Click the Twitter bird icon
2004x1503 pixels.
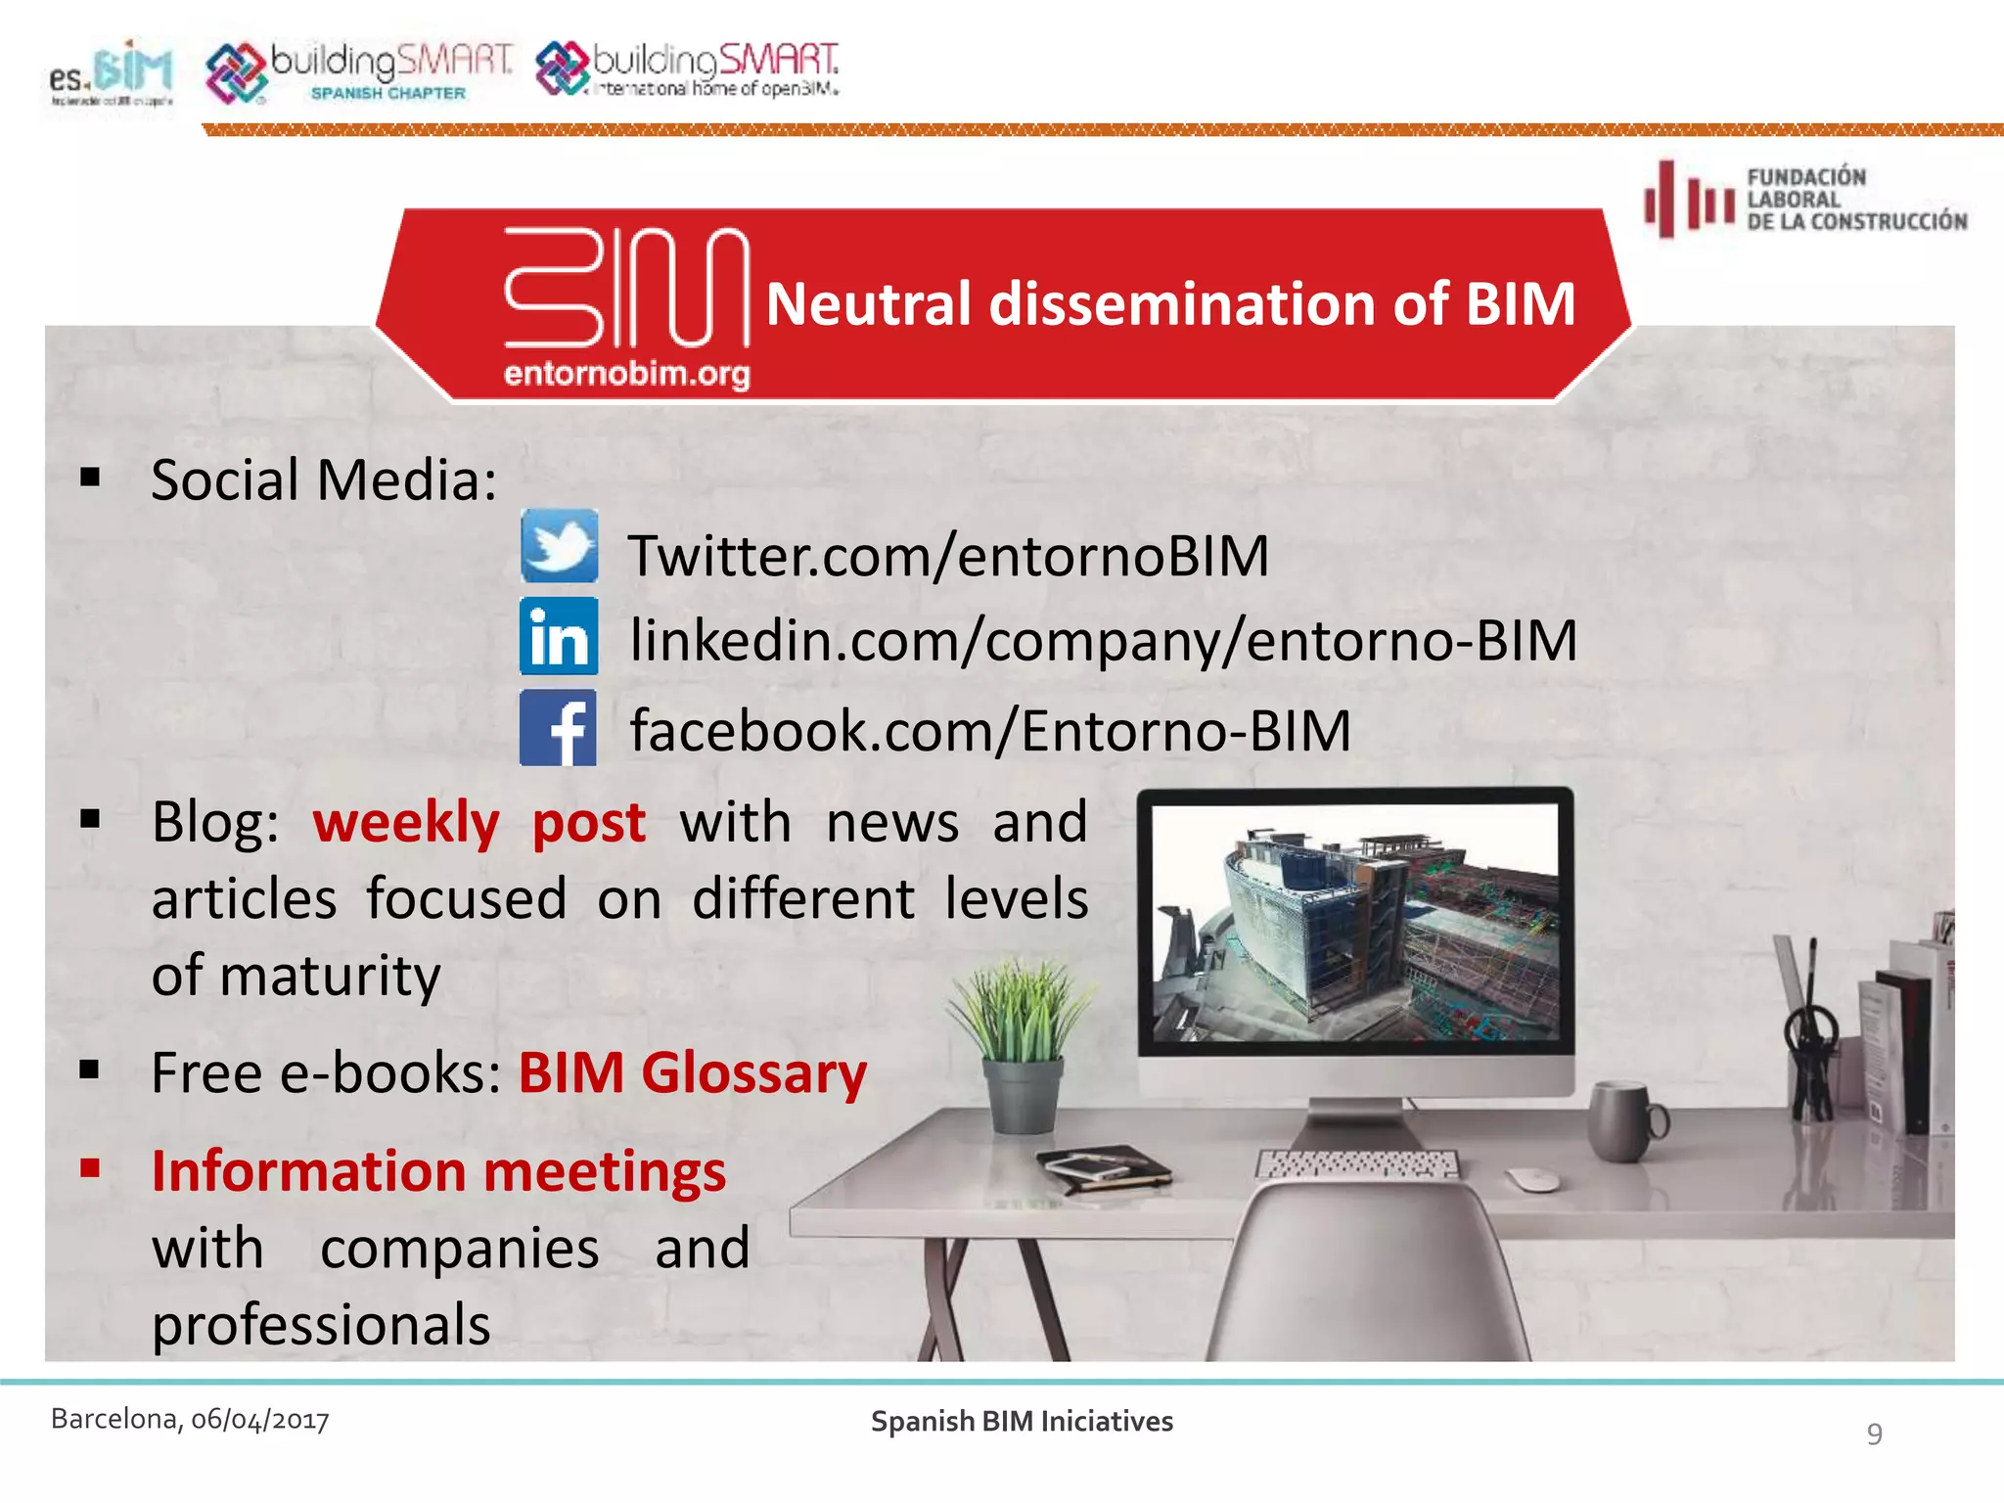559,546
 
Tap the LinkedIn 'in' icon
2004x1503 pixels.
559,636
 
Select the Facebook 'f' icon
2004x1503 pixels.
558,727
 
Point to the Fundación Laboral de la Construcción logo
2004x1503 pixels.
1805,199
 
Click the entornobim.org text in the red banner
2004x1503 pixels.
626,374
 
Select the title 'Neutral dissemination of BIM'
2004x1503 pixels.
1170,303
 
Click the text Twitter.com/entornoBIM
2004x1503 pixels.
947,556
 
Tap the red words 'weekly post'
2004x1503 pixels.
479,822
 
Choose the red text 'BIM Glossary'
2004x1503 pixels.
692,1073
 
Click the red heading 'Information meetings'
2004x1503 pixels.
438,1171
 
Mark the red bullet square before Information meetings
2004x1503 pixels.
91,1167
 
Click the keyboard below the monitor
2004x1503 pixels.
1357,1164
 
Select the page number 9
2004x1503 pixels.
1874,1434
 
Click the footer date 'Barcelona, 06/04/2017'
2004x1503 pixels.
190,1420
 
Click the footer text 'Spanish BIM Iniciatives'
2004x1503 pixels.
1022,1422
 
